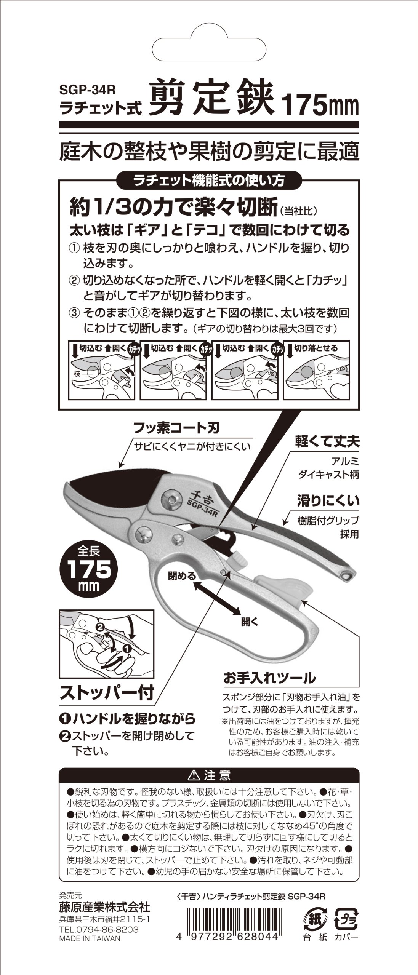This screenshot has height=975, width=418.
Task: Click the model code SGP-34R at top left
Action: [x=87, y=90]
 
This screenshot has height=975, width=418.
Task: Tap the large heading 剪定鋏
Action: [x=211, y=100]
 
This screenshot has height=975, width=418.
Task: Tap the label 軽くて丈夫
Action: [x=327, y=442]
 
